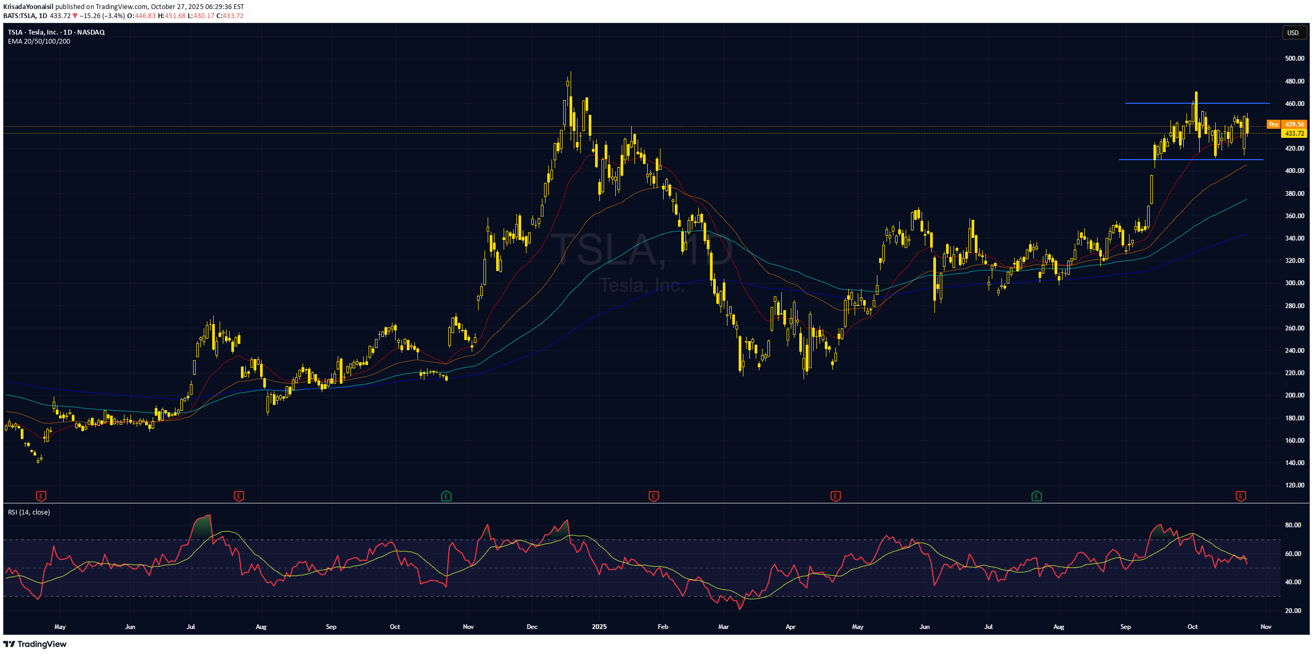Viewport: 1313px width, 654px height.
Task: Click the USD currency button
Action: click(1292, 33)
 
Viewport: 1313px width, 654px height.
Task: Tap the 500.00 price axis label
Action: click(1294, 59)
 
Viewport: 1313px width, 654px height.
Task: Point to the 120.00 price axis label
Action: click(1294, 485)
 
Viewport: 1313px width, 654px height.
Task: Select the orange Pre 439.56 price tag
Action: click(1286, 125)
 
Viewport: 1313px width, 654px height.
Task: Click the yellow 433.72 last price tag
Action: click(1294, 134)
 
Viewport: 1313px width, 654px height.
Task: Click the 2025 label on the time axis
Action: click(599, 627)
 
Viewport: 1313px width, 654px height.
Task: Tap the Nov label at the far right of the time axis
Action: click(1266, 627)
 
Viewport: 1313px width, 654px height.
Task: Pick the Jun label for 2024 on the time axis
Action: click(130, 627)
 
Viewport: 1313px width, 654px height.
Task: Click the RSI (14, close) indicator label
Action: click(29, 512)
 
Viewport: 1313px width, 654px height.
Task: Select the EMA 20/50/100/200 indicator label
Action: click(39, 42)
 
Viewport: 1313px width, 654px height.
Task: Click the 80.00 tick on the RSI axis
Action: click(1293, 525)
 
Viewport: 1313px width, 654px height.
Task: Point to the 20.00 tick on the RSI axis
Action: click(1293, 611)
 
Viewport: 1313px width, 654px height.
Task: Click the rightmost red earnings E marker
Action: click(1240, 496)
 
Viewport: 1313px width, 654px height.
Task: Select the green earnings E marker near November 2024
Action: click(446, 496)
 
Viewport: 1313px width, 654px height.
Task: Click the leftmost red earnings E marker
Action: click(41, 496)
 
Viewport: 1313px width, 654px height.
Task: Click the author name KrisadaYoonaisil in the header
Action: click(28, 7)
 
